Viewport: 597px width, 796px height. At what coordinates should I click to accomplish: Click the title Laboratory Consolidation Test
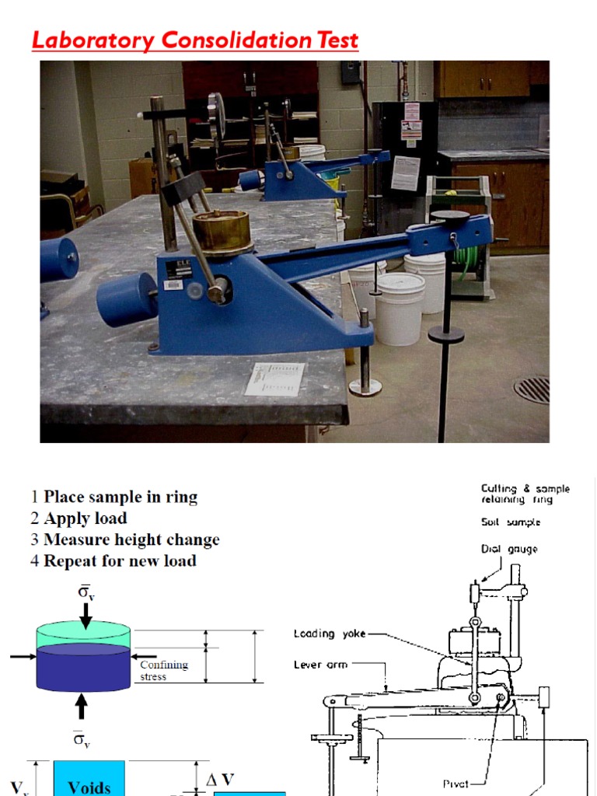point(195,40)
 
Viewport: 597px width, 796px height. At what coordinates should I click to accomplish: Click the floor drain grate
point(533,389)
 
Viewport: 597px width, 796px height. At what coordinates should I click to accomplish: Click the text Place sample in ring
point(120,497)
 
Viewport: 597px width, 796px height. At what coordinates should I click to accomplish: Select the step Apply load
point(86,518)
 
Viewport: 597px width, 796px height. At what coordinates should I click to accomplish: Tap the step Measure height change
point(131,539)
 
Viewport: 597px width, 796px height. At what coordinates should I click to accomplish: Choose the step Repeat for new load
point(120,560)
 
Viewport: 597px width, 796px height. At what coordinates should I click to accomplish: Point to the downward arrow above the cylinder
point(85,616)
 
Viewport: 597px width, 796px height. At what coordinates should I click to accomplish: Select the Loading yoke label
point(330,634)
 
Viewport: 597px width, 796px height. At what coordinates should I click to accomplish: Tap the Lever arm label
point(320,665)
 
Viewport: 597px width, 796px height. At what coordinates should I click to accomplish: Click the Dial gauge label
point(509,550)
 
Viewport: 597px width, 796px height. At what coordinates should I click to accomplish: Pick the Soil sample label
point(511,522)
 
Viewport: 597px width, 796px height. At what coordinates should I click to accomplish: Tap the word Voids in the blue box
point(89,787)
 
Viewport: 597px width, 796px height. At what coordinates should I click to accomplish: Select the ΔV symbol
point(221,780)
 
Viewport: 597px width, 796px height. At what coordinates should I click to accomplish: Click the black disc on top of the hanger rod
point(450,215)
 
